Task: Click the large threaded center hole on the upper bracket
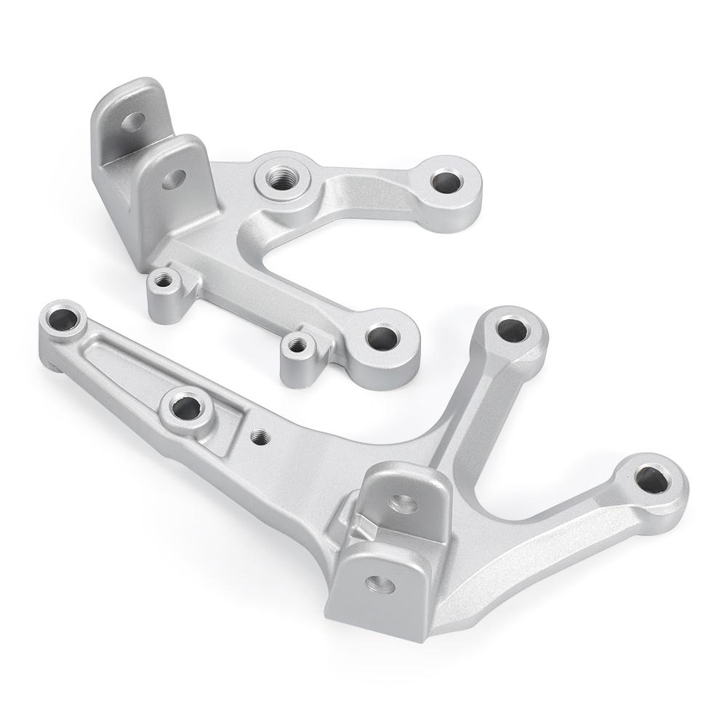281,177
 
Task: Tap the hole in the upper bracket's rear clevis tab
132,121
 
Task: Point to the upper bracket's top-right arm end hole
446,180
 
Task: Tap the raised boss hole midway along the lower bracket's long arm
187,407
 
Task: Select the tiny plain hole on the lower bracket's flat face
260,436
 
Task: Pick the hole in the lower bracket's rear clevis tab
403,502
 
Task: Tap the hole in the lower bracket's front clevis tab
379,584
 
